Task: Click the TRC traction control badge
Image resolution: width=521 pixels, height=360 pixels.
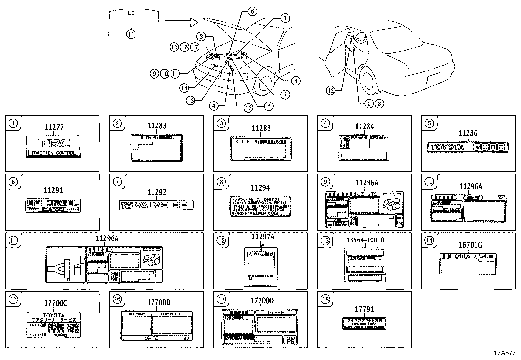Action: pyautogui.click(x=53, y=147)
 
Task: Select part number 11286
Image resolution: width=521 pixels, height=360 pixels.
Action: pyautogui.click(x=468, y=133)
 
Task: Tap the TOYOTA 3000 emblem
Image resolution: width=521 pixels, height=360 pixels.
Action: pyautogui.click(x=468, y=147)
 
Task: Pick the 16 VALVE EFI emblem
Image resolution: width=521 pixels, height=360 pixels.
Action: pyautogui.click(x=157, y=205)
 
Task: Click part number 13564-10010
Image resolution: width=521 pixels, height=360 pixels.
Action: pyautogui.click(x=365, y=240)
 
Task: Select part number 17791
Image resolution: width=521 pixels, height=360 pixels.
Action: pyautogui.click(x=364, y=309)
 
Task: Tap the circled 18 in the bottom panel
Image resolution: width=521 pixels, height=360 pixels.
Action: pyautogui.click(x=325, y=299)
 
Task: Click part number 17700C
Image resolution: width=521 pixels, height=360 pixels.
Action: pyautogui.click(x=55, y=303)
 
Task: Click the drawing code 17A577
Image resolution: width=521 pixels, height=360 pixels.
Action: pyautogui.click(x=505, y=353)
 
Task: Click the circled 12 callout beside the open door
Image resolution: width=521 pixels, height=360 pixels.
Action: pyautogui.click(x=331, y=90)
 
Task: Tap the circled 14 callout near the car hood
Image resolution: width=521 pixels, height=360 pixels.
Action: pyautogui.click(x=184, y=88)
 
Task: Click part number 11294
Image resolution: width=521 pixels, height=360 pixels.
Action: pyautogui.click(x=260, y=188)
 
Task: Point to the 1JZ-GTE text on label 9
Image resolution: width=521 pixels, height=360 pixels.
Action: pyautogui.click(x=365, y=194)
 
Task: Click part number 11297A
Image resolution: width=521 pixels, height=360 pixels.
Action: pyautogui.click(x=263, y=237)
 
